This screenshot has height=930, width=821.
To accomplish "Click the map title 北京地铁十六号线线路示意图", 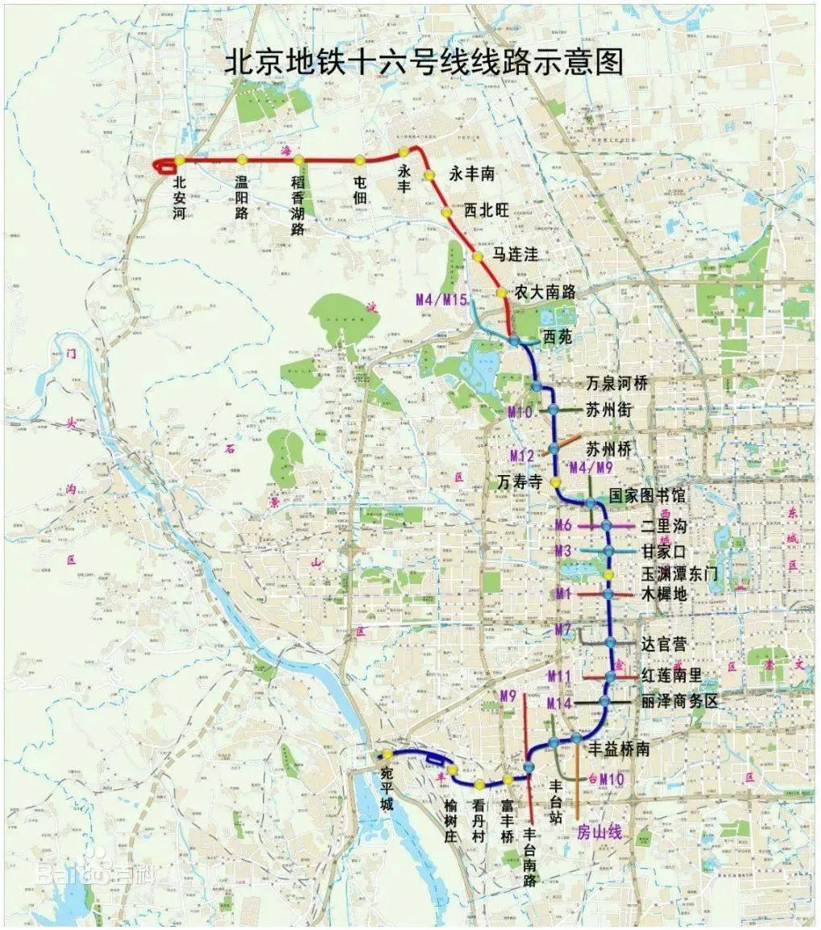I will pyautogui.click(x=424, y=63).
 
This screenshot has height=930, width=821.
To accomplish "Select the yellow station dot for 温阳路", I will pyautogui.click(x=242, y=159).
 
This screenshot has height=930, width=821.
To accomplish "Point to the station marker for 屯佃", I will pyautogui.click(x=359, y=160).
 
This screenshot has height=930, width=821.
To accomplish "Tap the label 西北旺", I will pyautogui.click(x=487, y=210).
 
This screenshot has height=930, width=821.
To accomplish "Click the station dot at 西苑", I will pyautogui.click(x=515, y=342).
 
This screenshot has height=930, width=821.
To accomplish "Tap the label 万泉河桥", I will pyautogui.click(x=616, y=382).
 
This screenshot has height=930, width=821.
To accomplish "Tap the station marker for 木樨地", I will pyautogui.click(x=608, y=594).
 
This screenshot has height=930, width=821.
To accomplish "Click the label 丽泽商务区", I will pyautogui.click(x=679, y=701).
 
